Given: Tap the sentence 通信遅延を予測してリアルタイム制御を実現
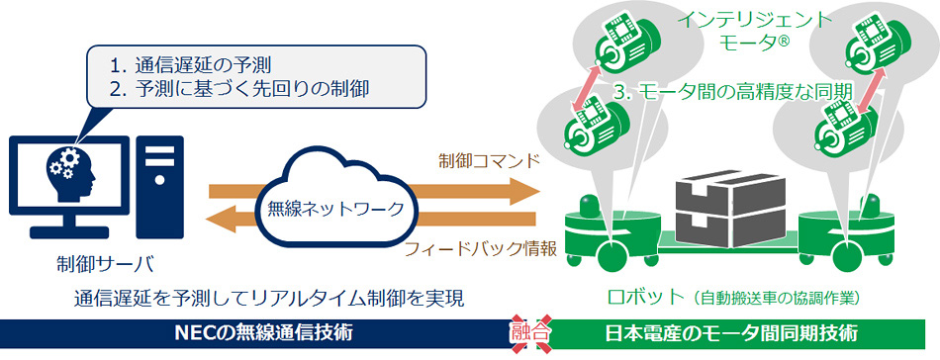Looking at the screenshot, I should coord(268,297).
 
